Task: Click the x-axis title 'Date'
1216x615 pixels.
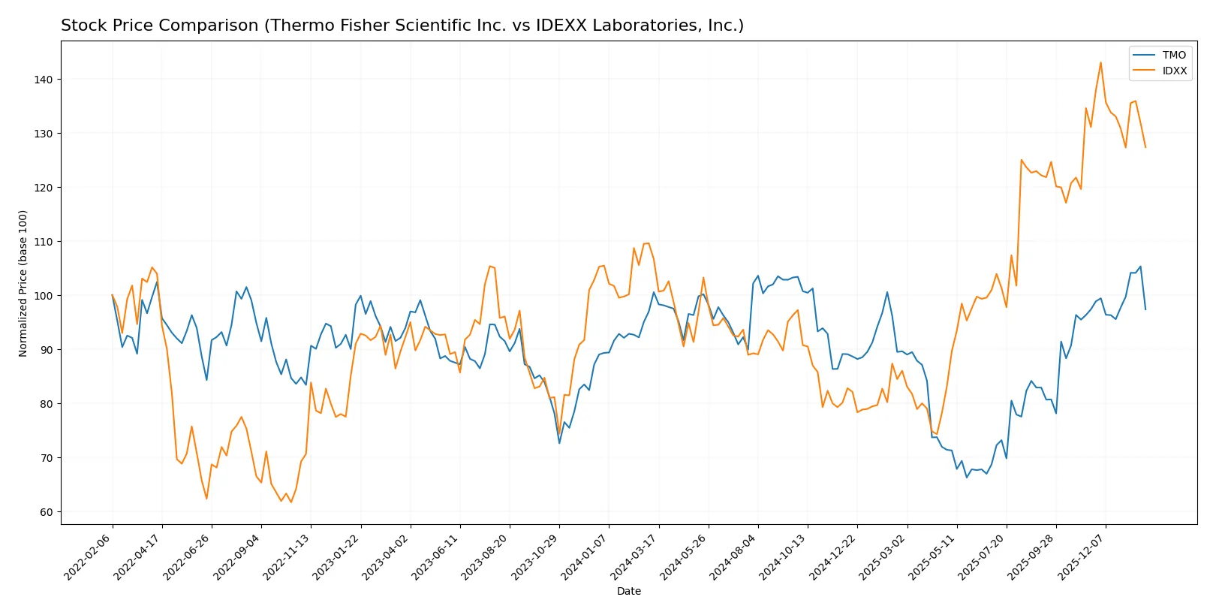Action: click(x=629, y=591)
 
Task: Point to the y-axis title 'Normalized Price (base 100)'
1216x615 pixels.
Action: click(x=23, y=283)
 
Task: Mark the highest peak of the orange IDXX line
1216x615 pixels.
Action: click(x=1100, y=62)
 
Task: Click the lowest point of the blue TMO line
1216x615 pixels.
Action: click(x=967, y=477)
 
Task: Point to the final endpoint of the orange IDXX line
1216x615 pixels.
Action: click(x=1145, y=147)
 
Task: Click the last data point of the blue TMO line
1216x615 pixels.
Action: click(x=1145, y=309)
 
